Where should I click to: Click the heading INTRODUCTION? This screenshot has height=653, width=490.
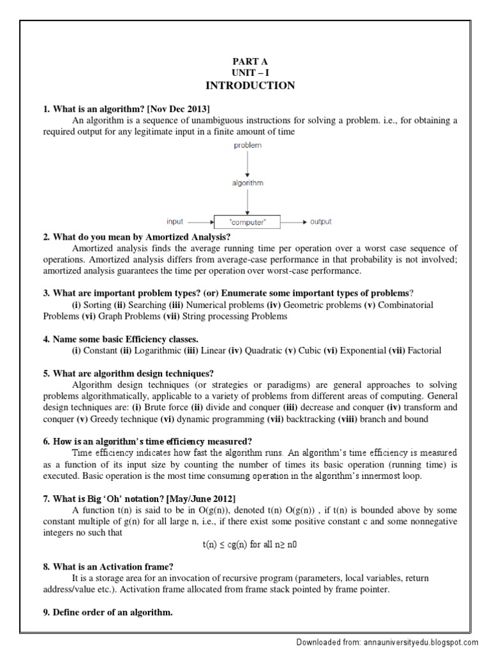[249, 85]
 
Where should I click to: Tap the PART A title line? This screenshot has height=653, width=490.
[249, 61]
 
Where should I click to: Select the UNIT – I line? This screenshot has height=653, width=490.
[249, 73]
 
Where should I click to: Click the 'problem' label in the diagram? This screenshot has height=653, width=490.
[246, 146]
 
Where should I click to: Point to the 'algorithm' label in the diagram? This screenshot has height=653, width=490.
[246, 183]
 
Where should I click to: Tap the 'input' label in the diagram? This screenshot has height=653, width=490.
[175, 222]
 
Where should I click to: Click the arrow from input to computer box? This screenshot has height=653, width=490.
[200, 223]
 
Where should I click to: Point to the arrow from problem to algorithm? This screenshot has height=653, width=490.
[246, 164]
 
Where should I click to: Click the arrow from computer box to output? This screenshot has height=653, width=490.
[292, 223]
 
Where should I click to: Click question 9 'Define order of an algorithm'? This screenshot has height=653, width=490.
[108, 613]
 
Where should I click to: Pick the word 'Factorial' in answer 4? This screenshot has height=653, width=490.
[424, 351]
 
